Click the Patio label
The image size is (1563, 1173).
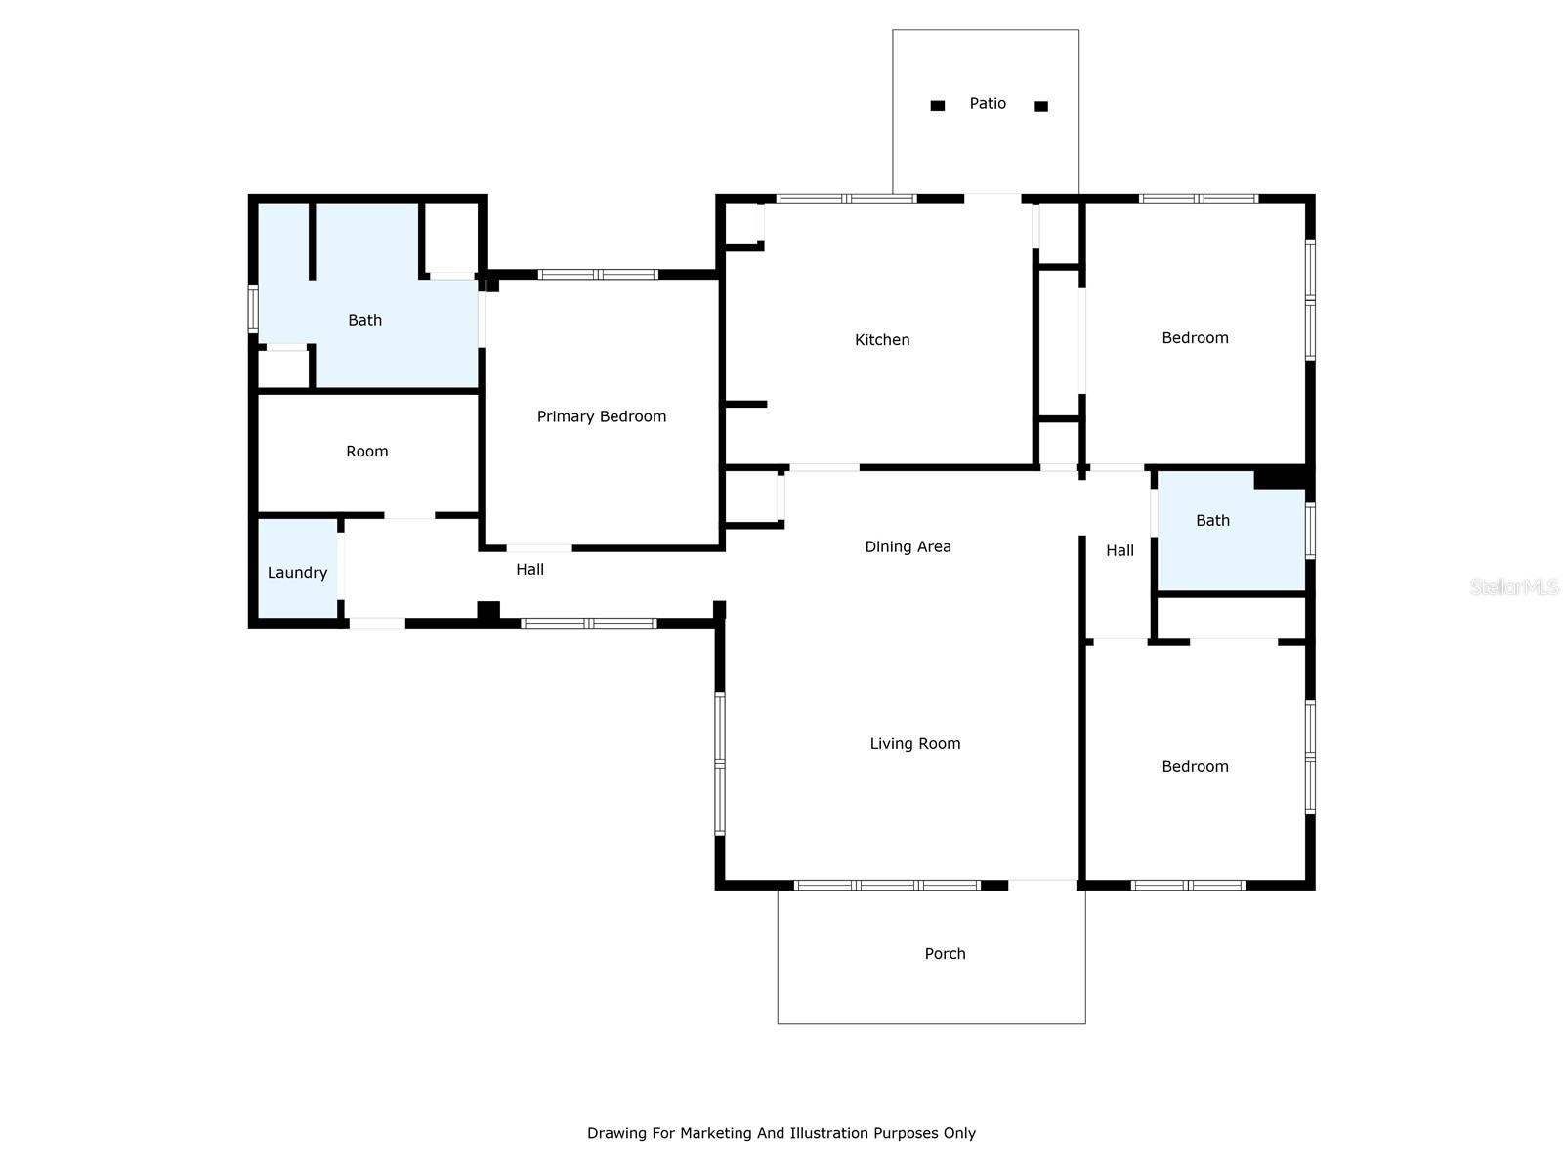point(988,103)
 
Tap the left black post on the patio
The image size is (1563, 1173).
point(938,106)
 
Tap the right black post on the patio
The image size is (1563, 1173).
point(1040,107)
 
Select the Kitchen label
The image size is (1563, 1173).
point(882,340)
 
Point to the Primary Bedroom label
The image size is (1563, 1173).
point(602,416)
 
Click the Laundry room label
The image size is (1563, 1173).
point(297,573)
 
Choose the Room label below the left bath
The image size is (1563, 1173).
point(367,452)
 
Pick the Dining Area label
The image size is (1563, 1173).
point(908,547)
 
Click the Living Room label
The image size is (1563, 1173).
point(915,744)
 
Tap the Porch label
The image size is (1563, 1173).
point(945,954)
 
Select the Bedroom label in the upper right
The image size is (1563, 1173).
point(1195,338)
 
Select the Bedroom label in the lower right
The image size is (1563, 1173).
point(1195,767)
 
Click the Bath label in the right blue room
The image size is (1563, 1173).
point(1212,521)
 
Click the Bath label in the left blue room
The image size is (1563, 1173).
point(364,321)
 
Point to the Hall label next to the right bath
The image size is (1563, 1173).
point(1119,551)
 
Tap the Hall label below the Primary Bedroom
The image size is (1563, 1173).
point(529,570)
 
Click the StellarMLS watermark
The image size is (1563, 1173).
point(1513,586)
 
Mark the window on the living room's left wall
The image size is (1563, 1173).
point(720,763)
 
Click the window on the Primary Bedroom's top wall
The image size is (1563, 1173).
point(598,275)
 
